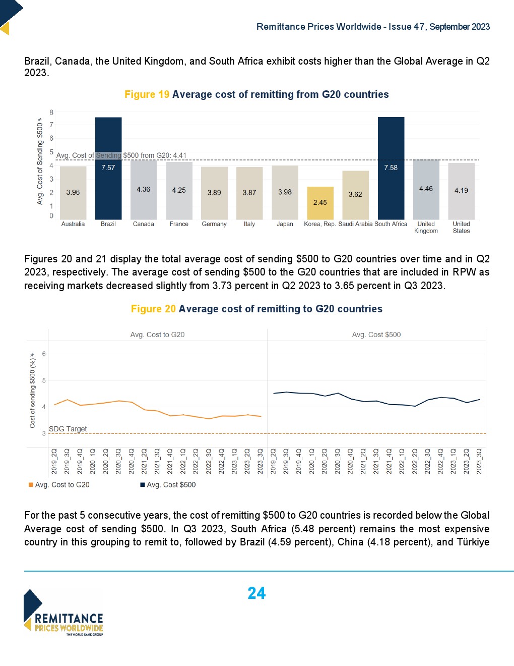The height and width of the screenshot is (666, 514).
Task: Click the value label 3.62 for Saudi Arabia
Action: (355, 194)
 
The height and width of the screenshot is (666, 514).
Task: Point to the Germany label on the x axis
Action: (214, 224)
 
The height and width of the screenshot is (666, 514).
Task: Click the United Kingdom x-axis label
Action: (426, 227)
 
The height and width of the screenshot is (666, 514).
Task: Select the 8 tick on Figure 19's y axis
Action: (51, 112)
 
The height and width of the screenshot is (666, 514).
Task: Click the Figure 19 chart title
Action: (256, 94)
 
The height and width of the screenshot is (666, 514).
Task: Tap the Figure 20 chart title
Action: (256, 309)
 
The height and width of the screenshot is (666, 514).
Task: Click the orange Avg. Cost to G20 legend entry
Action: (59, 485)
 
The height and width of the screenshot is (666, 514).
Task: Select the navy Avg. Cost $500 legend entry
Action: (168, 485)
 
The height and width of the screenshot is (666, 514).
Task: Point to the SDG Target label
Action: (68, 429)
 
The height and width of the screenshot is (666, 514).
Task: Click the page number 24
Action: (256, 593)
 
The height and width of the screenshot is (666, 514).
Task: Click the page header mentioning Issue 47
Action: (373, 27)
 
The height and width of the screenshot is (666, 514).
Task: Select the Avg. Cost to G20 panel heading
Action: (157, 335)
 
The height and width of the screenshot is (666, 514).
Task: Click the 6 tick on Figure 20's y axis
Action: (44, 354)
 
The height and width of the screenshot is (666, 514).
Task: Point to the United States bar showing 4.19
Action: (461, 191)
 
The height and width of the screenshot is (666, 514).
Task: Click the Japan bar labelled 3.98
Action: (285, 192)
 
